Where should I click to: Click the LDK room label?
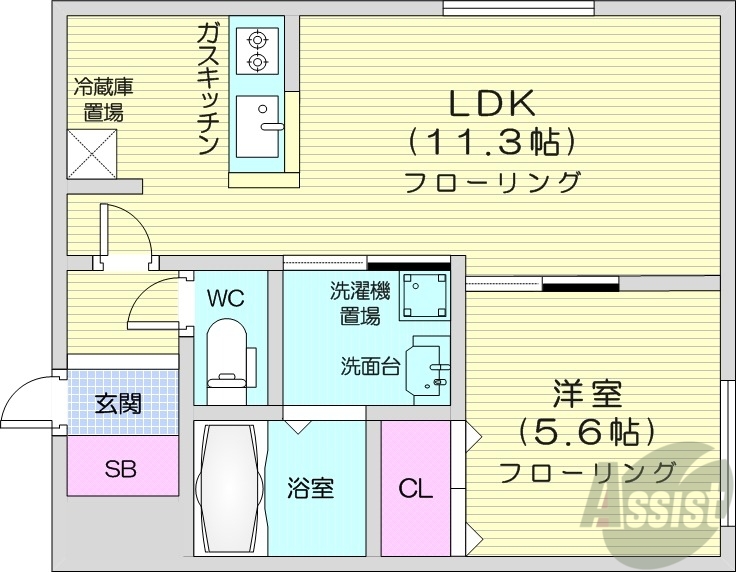coord(492,103)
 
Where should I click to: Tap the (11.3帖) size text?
coord(492,143)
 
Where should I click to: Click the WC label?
coord(224,298)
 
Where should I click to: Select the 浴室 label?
coord(310,489)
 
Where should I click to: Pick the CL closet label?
coord(415,489)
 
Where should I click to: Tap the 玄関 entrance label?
coord(118,404)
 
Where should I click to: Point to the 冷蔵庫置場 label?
coord(103,99)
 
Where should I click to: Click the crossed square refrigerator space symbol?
coord(94,154)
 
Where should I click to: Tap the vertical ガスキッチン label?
coord(208,91)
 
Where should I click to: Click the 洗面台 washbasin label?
coord(370,365)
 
